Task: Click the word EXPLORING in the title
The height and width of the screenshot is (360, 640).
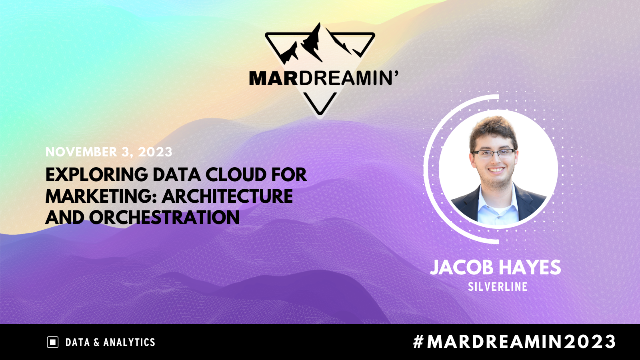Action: pos(97,174)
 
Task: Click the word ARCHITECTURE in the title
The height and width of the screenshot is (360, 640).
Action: pos(228,196)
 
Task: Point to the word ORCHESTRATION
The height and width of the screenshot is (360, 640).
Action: pos(164,218)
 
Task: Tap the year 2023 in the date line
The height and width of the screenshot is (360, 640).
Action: pos(155,152)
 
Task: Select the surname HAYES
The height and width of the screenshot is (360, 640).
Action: pos(530,268)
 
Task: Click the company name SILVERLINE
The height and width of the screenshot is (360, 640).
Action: pos(498,286)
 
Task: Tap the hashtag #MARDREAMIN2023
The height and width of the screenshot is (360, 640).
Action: pos(514,342)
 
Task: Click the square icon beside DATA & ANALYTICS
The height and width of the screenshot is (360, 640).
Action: pos(52,342)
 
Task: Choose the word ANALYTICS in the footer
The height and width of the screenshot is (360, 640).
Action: pos(129,342)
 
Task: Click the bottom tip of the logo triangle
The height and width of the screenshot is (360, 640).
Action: pos(320,114)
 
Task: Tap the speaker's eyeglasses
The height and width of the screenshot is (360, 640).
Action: pos(494,154)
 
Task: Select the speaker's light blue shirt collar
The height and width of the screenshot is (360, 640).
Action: pos(498,200)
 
